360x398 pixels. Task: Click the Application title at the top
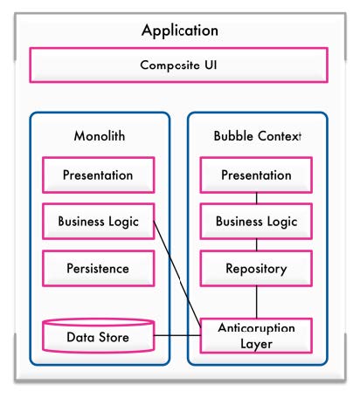(180, 31)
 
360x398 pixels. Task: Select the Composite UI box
(178, 65)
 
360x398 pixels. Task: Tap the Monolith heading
(100, 136)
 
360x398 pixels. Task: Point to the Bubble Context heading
(257, 136)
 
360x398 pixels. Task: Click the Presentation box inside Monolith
(99, 175)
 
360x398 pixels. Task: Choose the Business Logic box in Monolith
(99, 222)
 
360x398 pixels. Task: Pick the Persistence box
(99, 268)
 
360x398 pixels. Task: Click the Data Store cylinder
(99, 336)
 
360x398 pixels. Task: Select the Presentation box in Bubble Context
(256, 175)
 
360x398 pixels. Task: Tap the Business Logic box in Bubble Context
(256, 222)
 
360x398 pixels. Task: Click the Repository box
(256, 268)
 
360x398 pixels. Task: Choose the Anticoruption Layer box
(256, 336)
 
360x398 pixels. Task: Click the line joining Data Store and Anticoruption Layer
(177, 335)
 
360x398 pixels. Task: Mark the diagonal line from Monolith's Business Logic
(177, 274)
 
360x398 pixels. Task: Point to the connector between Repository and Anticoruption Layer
(257, 302)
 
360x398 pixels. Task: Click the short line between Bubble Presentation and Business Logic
(257, 198)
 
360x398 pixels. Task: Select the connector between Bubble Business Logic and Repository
(257, 244)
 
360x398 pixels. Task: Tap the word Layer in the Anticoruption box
(256, 344)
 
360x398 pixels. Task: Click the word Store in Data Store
(114, 337)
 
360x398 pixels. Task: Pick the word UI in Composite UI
(211, 65)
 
